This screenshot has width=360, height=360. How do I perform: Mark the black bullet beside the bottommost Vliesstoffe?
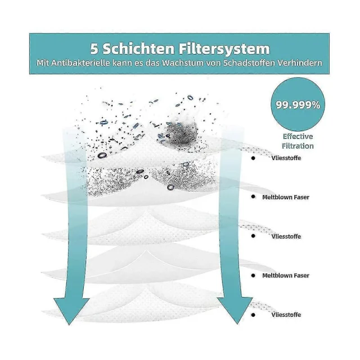(x=254, y=314)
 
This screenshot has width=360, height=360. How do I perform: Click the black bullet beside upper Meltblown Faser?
(x=254, y=197)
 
